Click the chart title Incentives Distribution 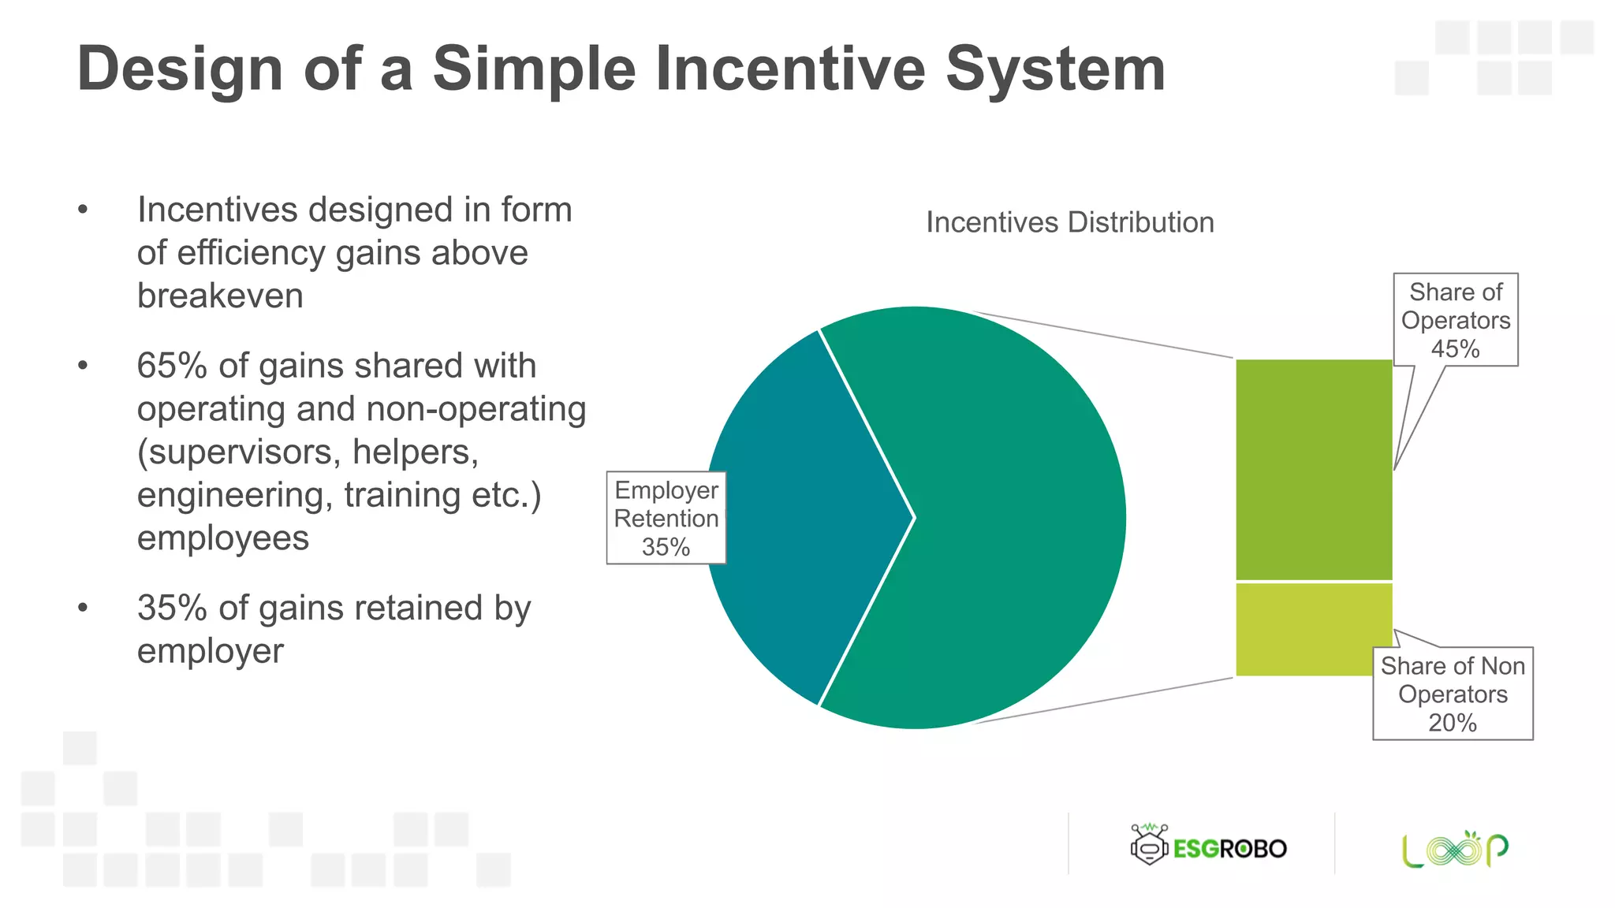[x=1069, y=222]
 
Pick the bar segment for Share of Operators [x=1313, y=470]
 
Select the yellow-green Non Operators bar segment [x=1313, y=630]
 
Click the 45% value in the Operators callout [x=1455, y=349]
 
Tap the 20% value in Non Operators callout [x=1452, y=723]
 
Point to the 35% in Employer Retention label [x=666, y=547]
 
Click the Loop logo [x=1455, y=849]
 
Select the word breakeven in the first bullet [x=220, y=296]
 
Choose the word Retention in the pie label [x=666, y=519]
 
